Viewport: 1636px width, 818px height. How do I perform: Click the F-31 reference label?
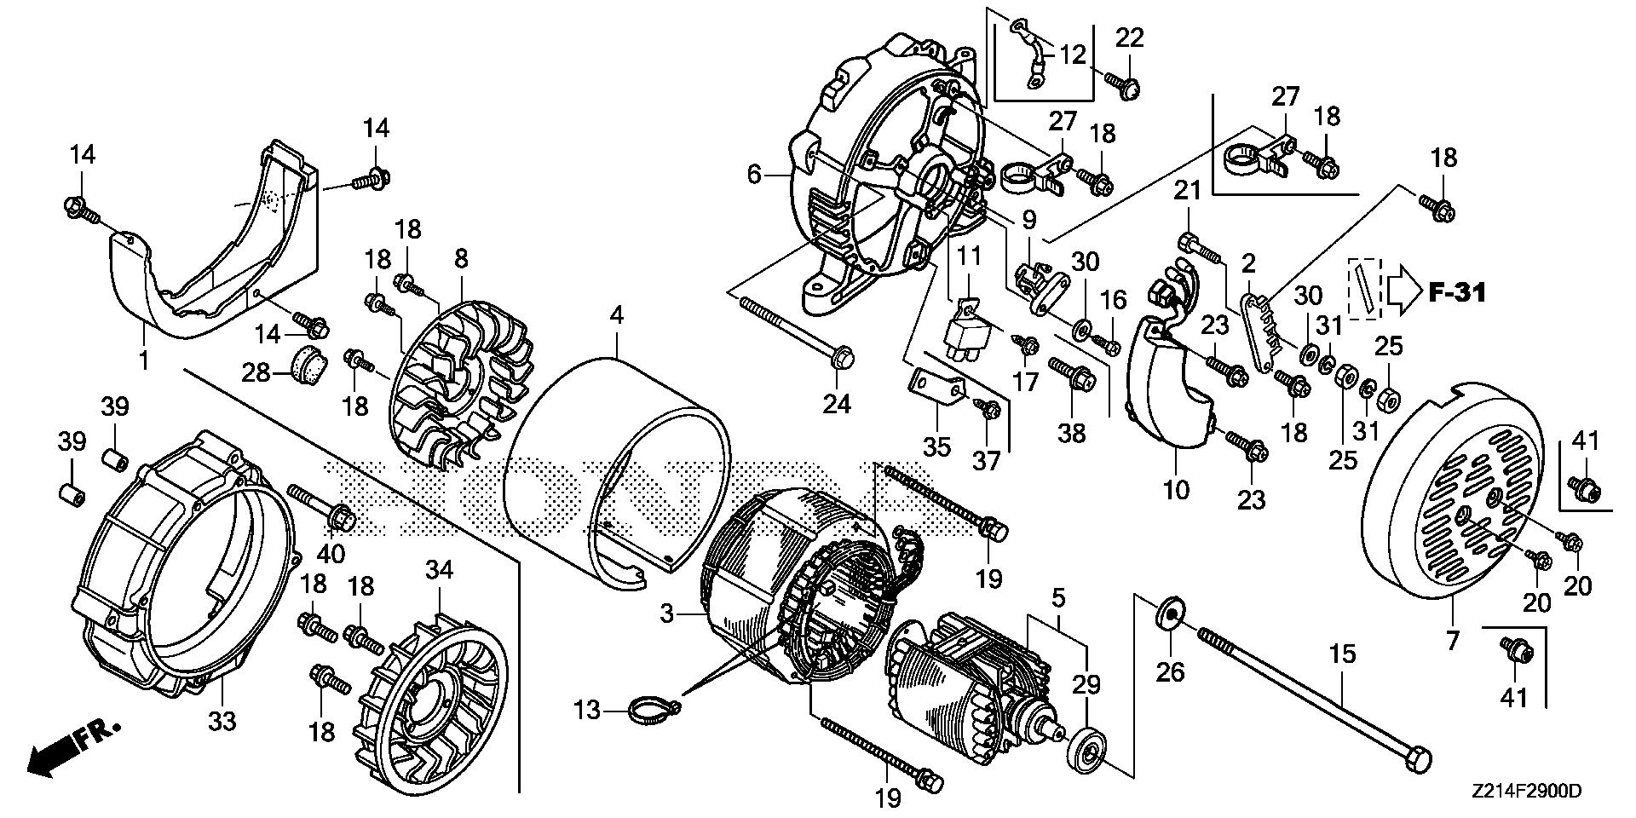point(1456,293)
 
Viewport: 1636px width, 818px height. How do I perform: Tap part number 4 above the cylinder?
point(616,316)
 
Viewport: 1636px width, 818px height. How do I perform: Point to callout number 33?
point(222,721)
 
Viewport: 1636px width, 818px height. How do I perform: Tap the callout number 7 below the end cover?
point(1452,638)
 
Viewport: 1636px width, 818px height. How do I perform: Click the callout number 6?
point(753,176)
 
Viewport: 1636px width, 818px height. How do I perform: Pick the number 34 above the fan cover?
point(440,570)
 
